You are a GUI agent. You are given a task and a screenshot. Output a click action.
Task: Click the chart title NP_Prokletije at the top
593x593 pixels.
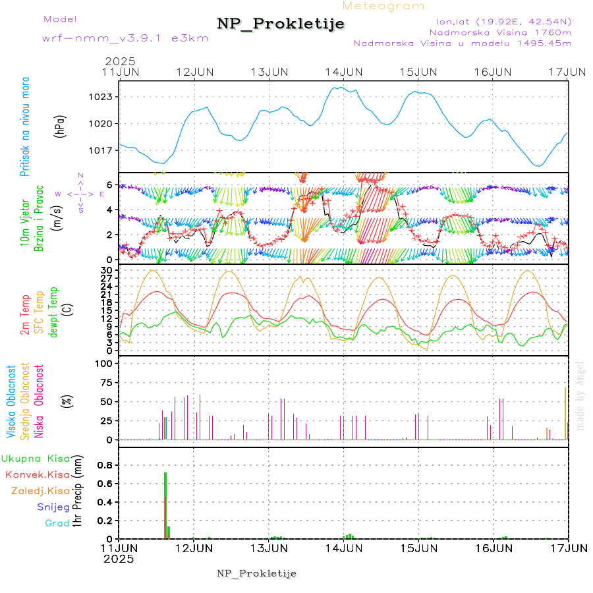point(281,24)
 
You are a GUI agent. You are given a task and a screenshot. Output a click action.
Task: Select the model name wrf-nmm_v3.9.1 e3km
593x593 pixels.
point(125,38)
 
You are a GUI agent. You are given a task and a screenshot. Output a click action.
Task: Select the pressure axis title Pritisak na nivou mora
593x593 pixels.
point(25,125)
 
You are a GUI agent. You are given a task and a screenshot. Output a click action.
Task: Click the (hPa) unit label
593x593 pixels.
point(60,125)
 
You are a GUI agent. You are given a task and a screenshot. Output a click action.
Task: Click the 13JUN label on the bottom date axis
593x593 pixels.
point(268,548)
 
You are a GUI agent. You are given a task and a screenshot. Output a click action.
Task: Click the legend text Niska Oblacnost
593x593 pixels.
point(39,401)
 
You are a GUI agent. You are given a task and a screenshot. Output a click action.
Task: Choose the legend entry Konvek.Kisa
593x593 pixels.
point(37,474)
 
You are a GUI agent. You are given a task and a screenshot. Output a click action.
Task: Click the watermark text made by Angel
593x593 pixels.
point(580,395)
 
